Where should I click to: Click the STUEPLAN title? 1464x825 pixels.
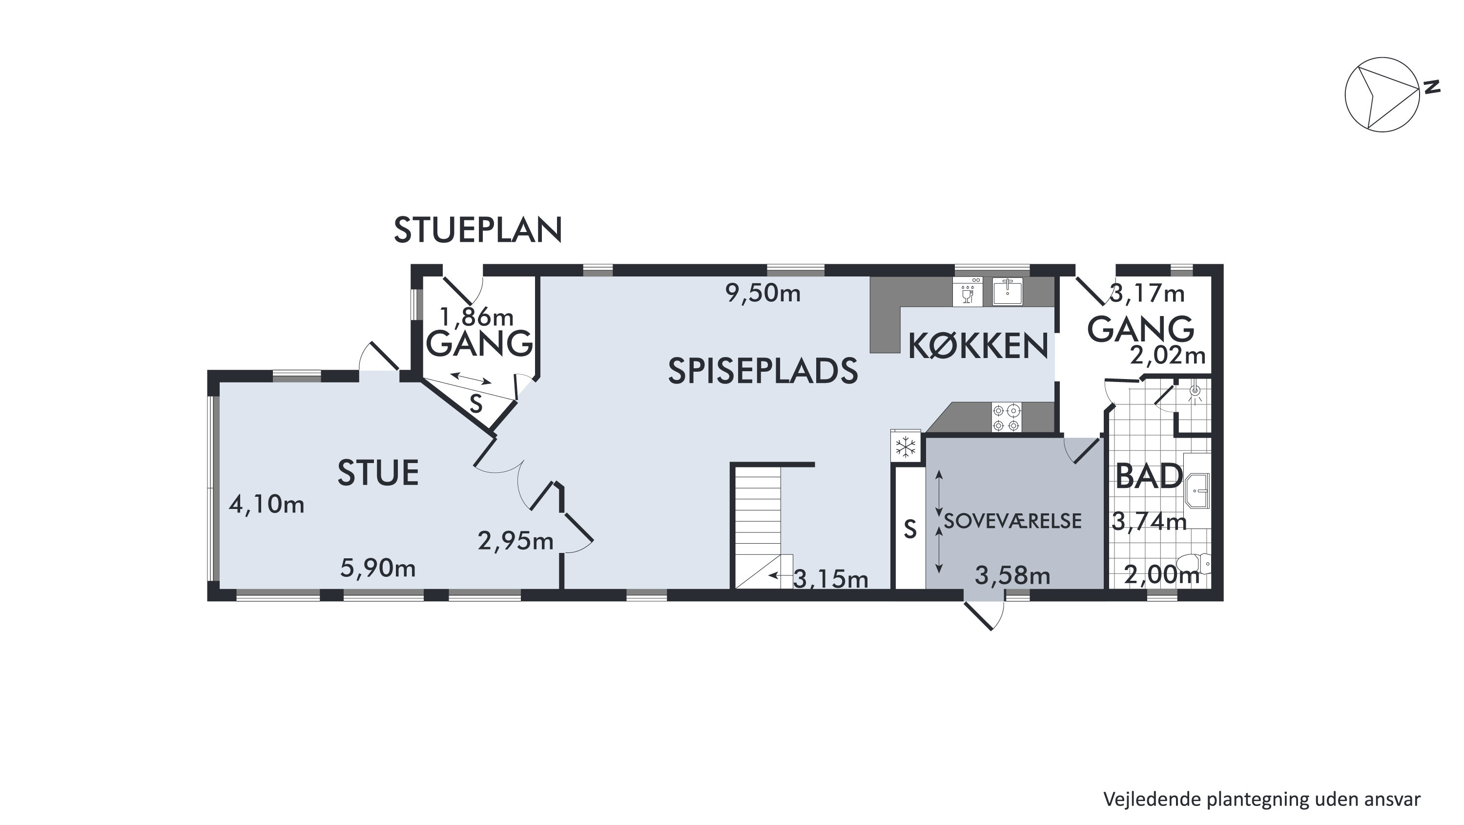[x=478, y=230]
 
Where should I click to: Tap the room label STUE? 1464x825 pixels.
[x=378, y=473]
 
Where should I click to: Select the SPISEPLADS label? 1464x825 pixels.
[x=763, y=371]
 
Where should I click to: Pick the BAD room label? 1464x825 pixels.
[x=1149, y=476]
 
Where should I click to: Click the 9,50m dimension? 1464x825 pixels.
[x=763, y=294]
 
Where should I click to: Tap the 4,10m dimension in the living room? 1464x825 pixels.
[x=267, y=504]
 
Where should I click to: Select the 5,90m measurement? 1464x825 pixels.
[x=378, y=568]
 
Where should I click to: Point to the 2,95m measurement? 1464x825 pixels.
[x=515, y=541]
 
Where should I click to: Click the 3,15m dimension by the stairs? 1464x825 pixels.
[x=831, y=579]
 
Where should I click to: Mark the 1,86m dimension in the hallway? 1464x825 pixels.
[x=477, y=316]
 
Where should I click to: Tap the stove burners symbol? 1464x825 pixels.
[x=1007, y=417]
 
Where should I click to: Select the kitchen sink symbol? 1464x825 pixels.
[x=1008, y=292]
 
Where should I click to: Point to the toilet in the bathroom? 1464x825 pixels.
[x=1193, y=564]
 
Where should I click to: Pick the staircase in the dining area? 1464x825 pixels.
[x=762, y=527]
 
